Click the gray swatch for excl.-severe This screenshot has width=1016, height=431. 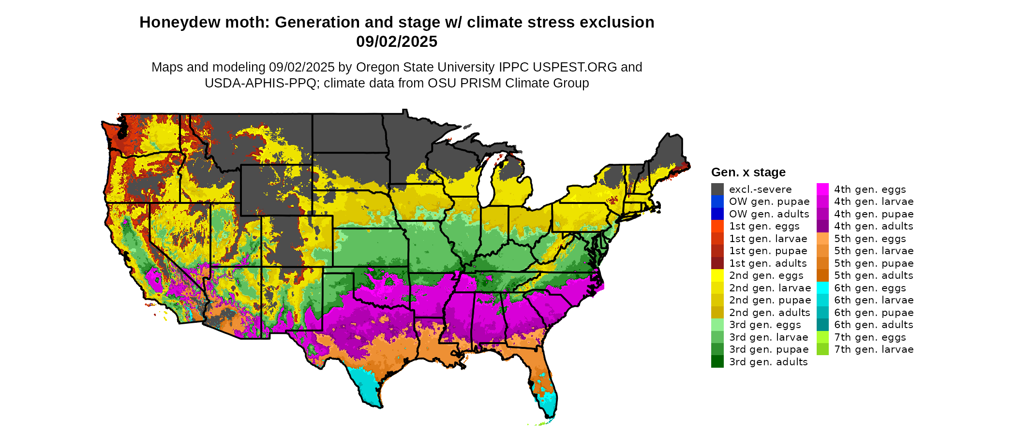717,189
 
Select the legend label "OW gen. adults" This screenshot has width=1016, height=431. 769,214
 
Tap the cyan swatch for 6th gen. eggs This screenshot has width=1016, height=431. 822,288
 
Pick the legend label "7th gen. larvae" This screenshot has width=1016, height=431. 873,349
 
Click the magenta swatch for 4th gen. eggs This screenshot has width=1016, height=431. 822,189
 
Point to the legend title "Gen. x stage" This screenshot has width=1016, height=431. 748,172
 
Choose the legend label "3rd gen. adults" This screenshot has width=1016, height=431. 768,362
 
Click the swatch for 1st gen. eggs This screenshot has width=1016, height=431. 717,226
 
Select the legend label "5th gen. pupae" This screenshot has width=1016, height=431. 873,263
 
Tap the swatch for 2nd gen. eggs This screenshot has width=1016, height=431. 717,275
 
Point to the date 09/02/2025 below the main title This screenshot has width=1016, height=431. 397,42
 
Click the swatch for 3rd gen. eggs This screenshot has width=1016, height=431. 717,325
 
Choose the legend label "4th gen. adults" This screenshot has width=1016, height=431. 873,226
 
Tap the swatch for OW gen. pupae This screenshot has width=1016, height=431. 717,201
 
